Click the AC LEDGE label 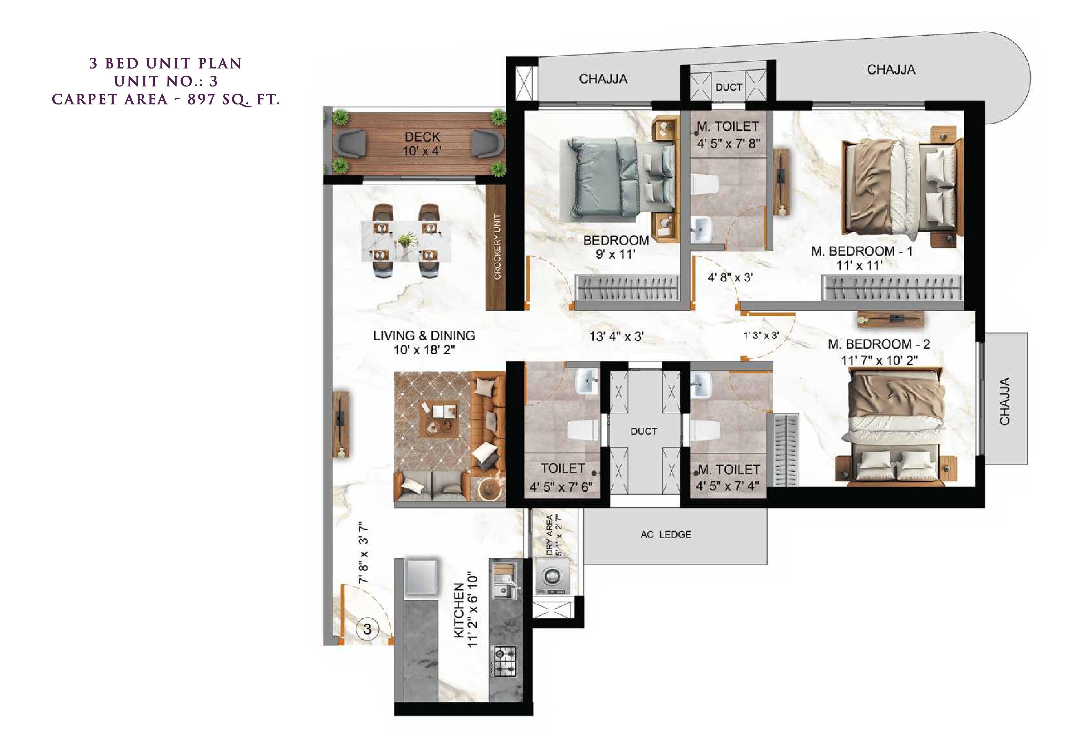[666, 535]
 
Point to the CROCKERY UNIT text [497, 247]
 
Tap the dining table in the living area [406, 241]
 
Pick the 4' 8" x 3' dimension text [730, 277]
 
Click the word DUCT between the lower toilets [644, 432]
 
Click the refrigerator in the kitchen [421, 577]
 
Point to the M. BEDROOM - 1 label [862, 251]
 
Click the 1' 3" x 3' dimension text [761, 335]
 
